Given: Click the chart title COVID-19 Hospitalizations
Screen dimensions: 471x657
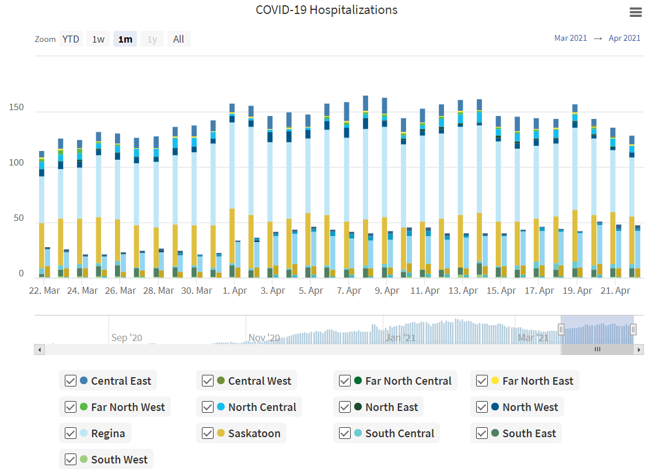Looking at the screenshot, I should [326, 10].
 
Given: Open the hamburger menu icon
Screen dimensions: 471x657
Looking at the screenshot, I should [636, 12].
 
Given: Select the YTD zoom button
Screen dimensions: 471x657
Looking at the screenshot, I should [71, 39].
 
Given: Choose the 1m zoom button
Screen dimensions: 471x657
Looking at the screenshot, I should [125, 39].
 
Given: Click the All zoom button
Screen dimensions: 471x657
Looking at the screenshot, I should [179, 39].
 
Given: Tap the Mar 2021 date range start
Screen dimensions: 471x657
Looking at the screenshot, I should [570, 38].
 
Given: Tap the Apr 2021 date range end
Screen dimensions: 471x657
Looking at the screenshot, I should [624, 38].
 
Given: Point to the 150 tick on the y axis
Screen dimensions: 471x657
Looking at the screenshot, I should [16, 108].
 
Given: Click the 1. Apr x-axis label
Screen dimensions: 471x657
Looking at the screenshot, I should [235, 290].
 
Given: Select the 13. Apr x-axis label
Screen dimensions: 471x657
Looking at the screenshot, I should [463, 290].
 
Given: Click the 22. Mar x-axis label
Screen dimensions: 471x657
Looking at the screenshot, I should [44, 290].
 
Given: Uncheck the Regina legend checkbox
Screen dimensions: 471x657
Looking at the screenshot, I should [71, 434].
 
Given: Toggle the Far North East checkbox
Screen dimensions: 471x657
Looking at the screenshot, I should [482, 381].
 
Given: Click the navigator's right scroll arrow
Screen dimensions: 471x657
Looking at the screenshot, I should [639, 350].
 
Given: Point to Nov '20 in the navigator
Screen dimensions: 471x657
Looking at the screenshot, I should [264, 338].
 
